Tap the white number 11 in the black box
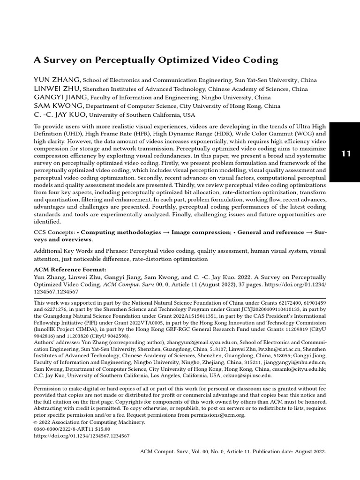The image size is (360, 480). click(346, 153)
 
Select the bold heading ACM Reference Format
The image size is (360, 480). click(70, 270)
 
